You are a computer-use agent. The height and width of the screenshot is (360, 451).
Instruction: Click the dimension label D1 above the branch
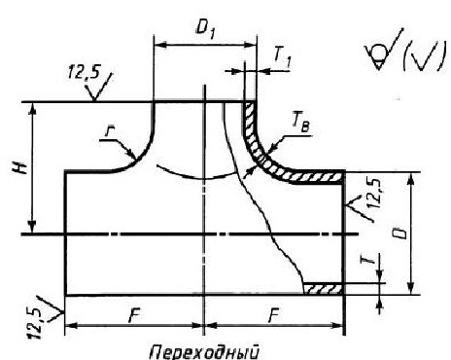205,30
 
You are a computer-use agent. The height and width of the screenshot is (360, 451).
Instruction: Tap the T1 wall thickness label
283,58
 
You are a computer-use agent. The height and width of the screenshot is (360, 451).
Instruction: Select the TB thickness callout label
300,125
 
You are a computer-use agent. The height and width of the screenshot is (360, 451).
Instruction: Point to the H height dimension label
22,168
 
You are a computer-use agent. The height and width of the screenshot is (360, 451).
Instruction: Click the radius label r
109,132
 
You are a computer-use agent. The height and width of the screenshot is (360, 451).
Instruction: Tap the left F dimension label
134,314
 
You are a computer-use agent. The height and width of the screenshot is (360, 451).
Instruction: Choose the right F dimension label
274,314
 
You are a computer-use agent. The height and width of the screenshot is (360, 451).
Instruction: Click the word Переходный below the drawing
205,352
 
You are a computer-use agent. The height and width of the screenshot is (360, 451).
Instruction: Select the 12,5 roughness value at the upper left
84,73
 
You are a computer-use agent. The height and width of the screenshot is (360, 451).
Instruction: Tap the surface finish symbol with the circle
382,52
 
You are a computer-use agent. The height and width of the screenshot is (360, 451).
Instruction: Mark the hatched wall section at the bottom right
323,288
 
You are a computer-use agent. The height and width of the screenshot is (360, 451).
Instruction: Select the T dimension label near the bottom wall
371,259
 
